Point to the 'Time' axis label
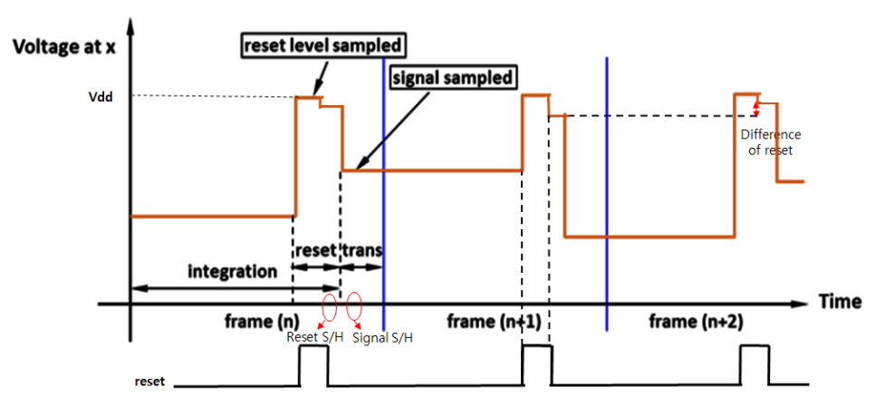click(x=841, y=302)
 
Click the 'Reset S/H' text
click(x=312, y=338)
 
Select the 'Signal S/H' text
click(x=382, y=338)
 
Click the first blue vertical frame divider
click(x=383, y=181)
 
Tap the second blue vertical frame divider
click(x=606, y=181)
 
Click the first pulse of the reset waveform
click(x=313, y=363)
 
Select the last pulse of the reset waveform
click(x=755, y=363)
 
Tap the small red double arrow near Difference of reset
click(x=757, y=108)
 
